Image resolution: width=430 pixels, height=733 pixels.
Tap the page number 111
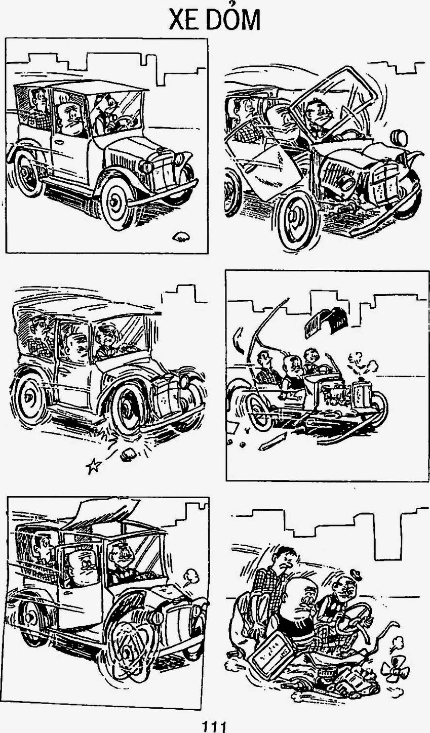click(214, 727)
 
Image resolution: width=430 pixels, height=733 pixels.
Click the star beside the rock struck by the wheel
click(94, 466)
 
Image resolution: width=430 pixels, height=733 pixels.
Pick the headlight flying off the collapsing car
click(399, 138)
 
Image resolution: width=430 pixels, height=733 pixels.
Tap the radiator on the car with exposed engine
click(362, 395)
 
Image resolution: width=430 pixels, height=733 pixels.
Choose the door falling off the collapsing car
click(265, 170)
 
